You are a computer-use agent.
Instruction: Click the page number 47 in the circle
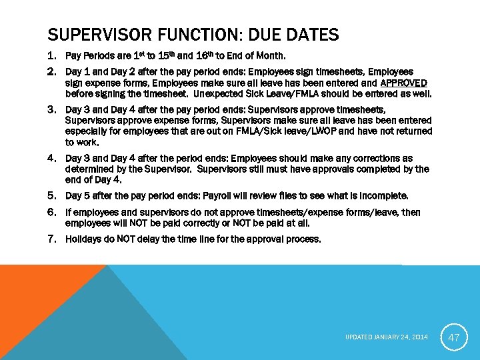[x=453, y=337]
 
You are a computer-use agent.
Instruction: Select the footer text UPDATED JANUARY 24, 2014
[x=387, y=338]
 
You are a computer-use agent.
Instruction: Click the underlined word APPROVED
[x=404, y=83]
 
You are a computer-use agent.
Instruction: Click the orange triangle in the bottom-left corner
[x=33, y=293]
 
